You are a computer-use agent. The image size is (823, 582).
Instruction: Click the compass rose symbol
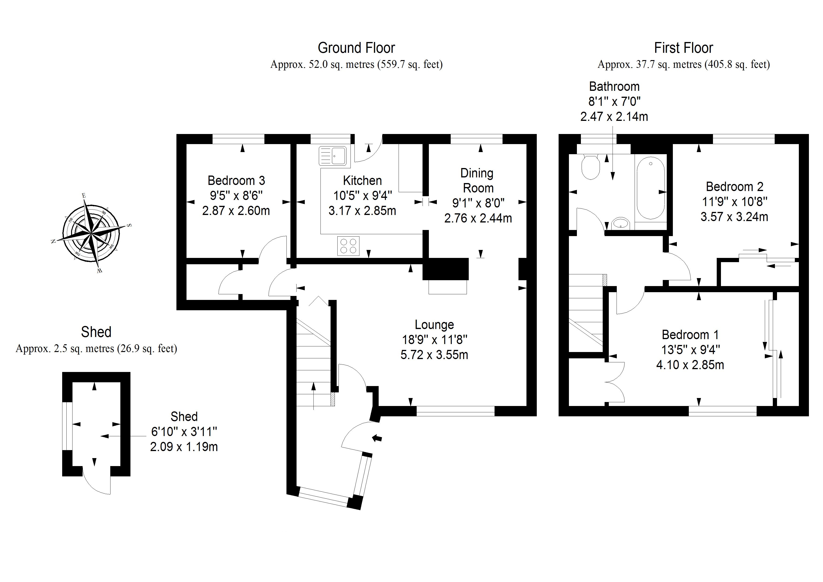pos(91,233)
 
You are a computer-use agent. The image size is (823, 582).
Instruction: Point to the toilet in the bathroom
pos(590,167)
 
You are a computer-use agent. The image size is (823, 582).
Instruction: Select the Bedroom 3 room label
pos(236,180)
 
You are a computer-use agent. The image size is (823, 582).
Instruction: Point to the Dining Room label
pos(477,180)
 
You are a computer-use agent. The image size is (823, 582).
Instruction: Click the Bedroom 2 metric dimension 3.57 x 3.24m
pos(734,217)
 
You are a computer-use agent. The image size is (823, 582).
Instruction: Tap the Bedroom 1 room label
pos(690,335)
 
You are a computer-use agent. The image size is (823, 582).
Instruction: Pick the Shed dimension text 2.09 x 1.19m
pos(184,447)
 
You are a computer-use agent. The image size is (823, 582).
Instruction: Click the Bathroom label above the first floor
pos(614,86)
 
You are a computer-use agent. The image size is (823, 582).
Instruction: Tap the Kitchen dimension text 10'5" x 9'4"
pos(362,196)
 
